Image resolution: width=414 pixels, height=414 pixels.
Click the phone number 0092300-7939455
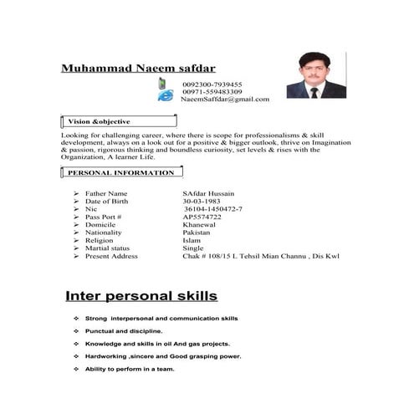(x=212, y=84)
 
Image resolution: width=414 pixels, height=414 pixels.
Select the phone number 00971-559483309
(x=212, y=92)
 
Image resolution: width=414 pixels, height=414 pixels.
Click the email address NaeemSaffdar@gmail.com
(x=225, y=100)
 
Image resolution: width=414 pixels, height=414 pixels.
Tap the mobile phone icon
(x=163, y=84)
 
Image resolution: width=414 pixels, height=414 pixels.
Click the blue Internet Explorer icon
(x=166, y=96)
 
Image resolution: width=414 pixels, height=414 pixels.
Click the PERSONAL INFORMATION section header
(x=120, y=173)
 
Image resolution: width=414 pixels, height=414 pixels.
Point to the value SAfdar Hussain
(x=208, y=193)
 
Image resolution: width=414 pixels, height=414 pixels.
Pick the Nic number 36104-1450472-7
(x=213, y=209)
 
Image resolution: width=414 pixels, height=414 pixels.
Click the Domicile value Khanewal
(x=200, y=225)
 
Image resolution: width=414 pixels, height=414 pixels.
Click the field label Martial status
(x=108, y=248)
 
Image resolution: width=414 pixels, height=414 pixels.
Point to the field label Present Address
(x=111, y=256)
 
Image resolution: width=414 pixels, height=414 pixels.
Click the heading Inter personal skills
(x=142, y=296)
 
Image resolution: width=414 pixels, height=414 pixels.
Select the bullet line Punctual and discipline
(x=128, y=331)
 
